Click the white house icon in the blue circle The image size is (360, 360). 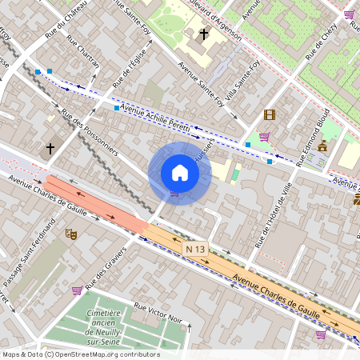pyautogui.click(x=180, y=172)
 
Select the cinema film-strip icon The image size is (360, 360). pyautogui.click(x=269, y=114)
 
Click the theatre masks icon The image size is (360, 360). pyautogui.click(x=70, y=234)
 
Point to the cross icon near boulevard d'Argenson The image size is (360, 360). pyautogui.click(x=204, y=34)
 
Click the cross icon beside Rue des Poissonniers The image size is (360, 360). pyautogui.click(x=50, y=148)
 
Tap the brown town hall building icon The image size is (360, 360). pyautogui.click(x=323, y=146)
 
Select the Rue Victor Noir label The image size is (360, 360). pyautogui.click(x=159, y=314)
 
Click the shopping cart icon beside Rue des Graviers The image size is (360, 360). pyautogui.click(x=77, y=290)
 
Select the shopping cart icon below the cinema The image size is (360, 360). pyautogui.click(x=264, y=136)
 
